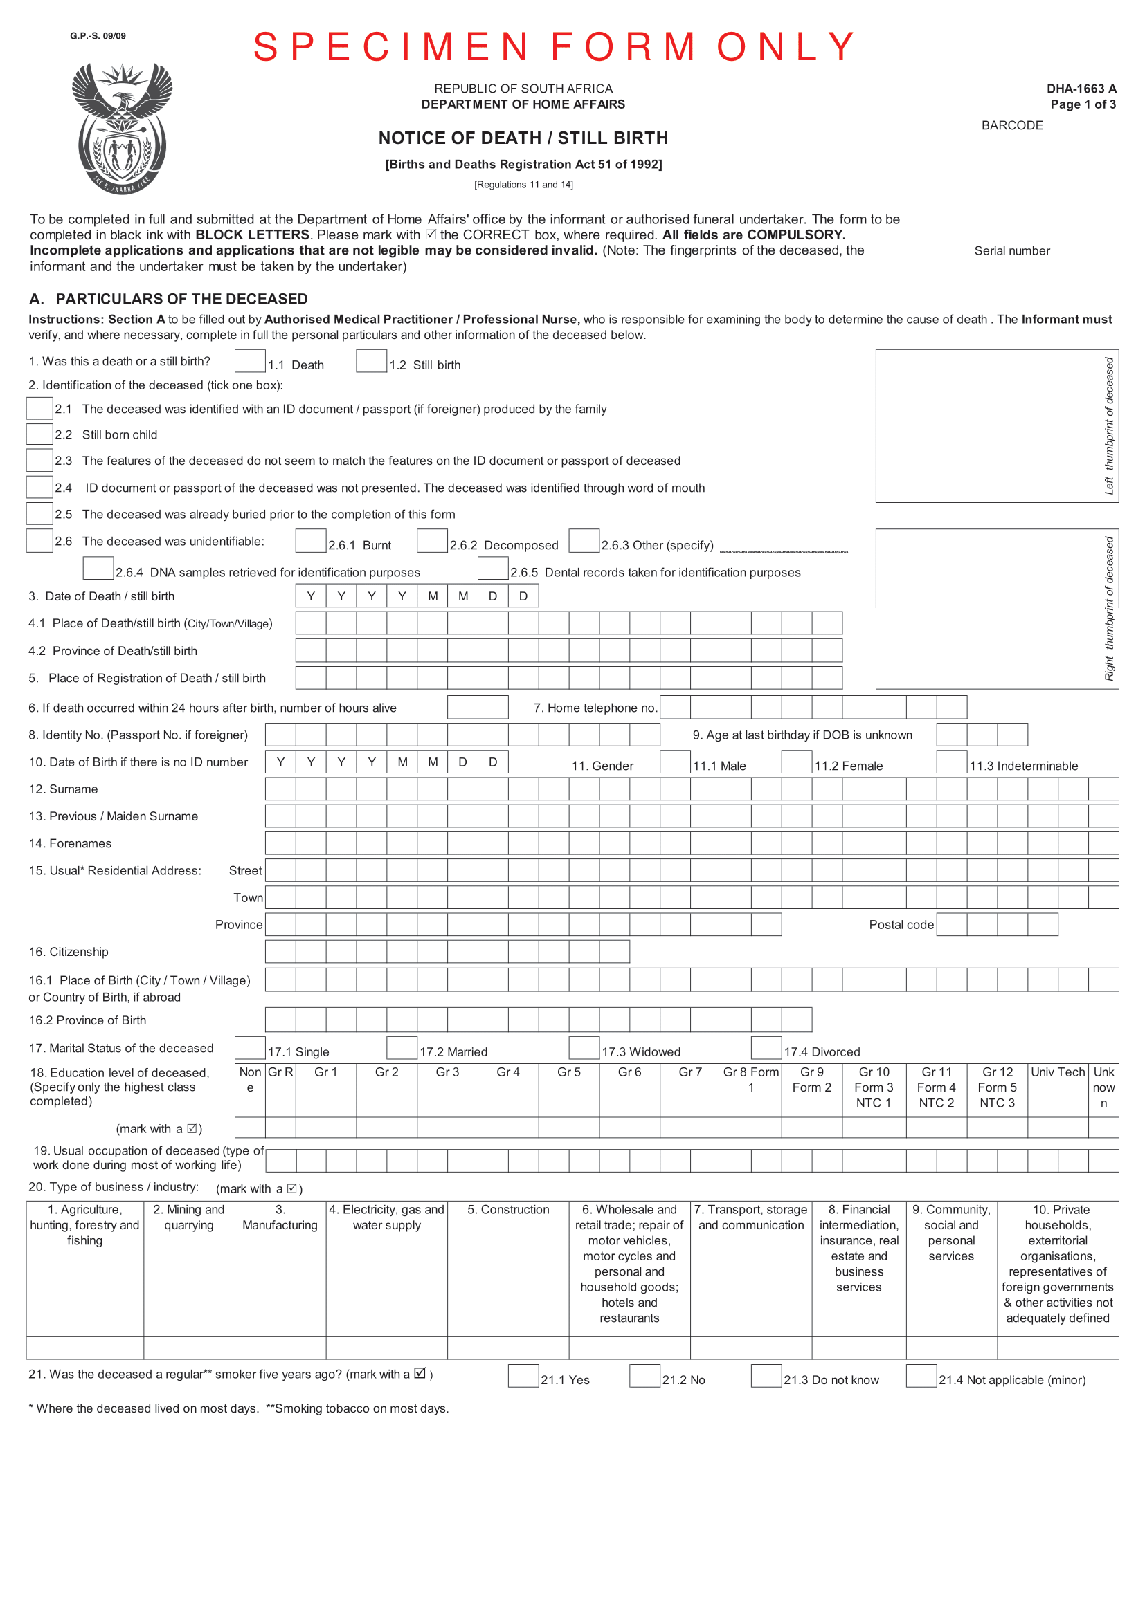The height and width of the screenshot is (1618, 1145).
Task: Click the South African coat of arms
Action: point(122,128)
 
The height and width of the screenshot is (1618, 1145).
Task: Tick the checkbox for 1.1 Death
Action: point(250,361)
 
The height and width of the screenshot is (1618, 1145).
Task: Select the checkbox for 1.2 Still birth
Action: point(371,361)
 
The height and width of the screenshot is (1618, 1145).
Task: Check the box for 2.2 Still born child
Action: point(39,434)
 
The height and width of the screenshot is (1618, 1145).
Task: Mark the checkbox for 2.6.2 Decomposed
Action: point(431,541)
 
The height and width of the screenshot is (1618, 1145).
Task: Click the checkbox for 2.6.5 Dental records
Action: point(493,569)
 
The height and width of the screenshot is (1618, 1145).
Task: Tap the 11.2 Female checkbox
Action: point(797,762)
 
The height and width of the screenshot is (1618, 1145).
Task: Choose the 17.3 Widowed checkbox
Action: point(584,1048)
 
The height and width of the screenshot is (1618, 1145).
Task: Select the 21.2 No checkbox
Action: point(644,1377)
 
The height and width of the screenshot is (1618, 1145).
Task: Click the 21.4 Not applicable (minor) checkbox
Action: point(921,1377)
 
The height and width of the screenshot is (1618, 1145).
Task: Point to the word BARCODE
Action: point(1012,125)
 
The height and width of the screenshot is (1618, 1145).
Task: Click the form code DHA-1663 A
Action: point(1081,89)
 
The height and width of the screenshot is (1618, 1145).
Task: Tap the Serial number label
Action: point(1012,251)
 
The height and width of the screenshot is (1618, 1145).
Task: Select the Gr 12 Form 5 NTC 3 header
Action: point(997,1087)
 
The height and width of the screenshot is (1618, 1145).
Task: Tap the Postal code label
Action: point(901,925)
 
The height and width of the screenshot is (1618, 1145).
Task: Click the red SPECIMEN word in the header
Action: point(390,47)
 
